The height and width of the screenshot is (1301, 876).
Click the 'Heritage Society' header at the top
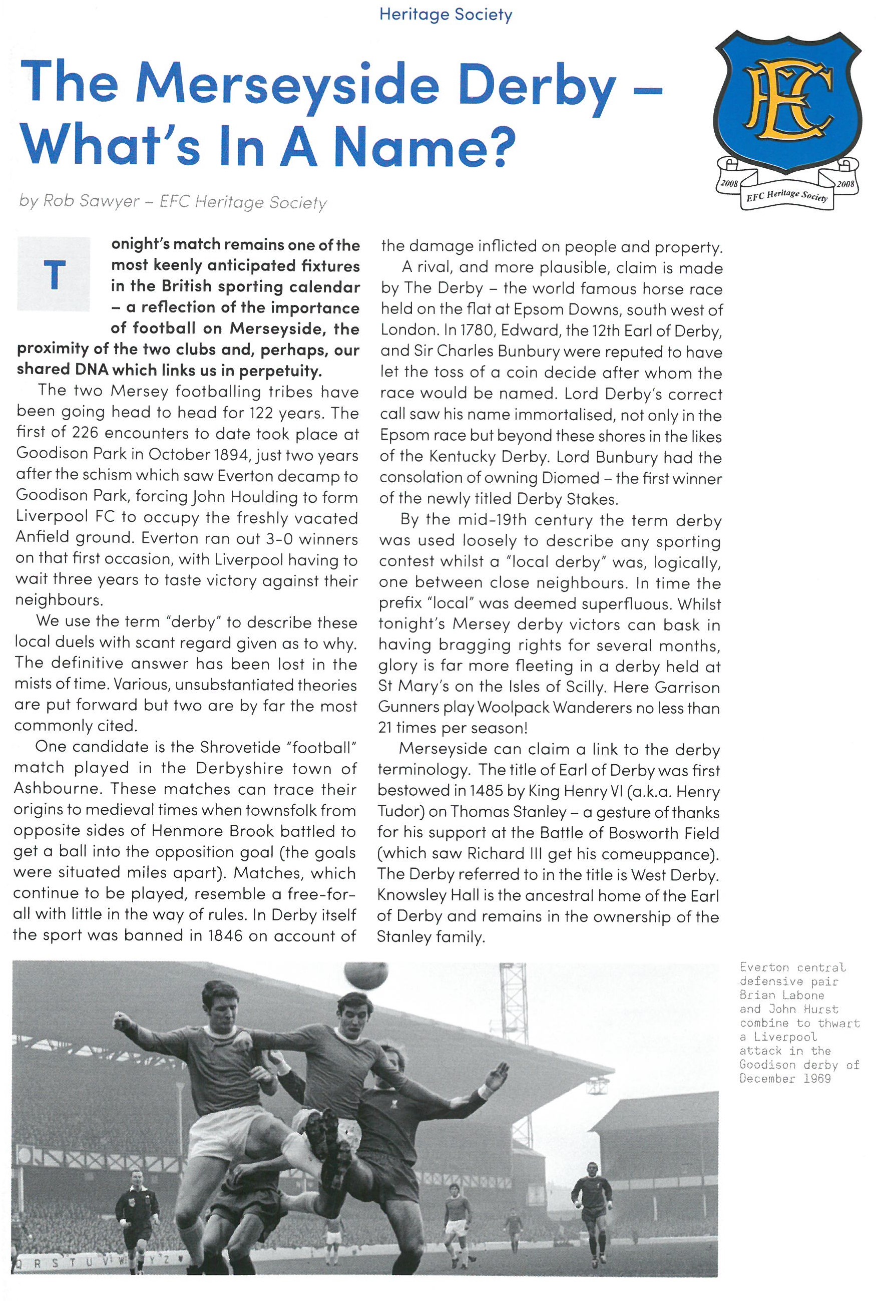(446, 15)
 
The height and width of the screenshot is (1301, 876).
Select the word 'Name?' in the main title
(424, 146)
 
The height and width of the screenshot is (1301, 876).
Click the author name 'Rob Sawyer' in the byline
(91, 201)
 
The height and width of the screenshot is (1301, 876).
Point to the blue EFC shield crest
(788, 101)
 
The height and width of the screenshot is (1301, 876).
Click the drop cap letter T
(54, 275)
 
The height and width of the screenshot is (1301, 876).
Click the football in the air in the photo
(366, 975)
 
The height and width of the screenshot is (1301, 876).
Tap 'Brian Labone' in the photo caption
(781, 996)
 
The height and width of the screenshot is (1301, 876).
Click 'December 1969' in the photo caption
(785, 1079)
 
